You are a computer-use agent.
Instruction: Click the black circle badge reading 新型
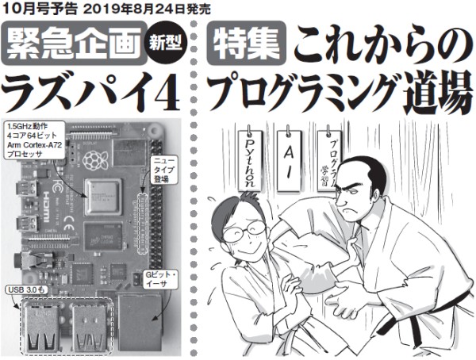165,44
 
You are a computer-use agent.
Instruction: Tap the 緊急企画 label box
74,43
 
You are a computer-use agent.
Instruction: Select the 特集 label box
246,44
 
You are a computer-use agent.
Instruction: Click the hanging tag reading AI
289,161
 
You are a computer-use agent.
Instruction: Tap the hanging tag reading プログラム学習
329,161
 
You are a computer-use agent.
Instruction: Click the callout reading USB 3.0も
26,290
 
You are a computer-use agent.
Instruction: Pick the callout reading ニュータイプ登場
164,170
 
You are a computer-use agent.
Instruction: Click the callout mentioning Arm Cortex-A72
33,140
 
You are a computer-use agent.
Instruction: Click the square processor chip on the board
103,196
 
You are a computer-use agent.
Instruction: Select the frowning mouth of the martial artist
347,211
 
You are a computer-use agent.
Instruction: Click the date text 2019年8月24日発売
146,9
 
